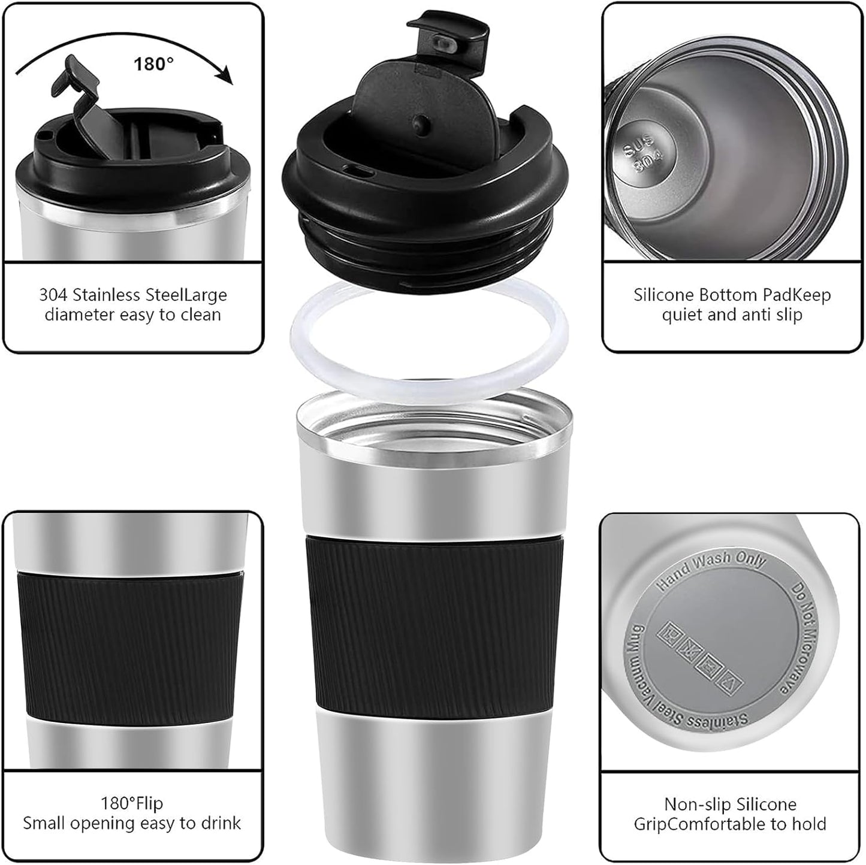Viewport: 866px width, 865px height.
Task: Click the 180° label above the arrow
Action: point(153,63)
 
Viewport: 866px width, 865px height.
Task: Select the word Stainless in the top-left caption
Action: point(115,295)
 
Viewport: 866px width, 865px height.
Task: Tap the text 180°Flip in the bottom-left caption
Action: point(132,803)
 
